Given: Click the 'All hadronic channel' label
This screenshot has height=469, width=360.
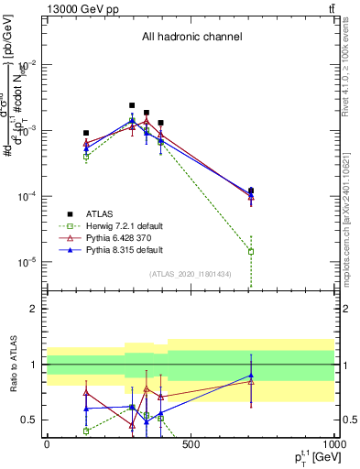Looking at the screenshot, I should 191,37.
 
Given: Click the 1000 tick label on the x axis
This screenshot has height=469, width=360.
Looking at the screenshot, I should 333,445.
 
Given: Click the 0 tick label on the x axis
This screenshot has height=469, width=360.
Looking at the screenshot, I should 47,445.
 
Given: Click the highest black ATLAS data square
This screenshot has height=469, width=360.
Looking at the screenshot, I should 132,105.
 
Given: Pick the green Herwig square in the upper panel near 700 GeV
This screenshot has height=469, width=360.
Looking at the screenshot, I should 251,251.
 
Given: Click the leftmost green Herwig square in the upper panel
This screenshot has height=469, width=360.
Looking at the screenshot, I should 86,157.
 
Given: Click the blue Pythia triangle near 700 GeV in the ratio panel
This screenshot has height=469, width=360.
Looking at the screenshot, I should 251,376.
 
